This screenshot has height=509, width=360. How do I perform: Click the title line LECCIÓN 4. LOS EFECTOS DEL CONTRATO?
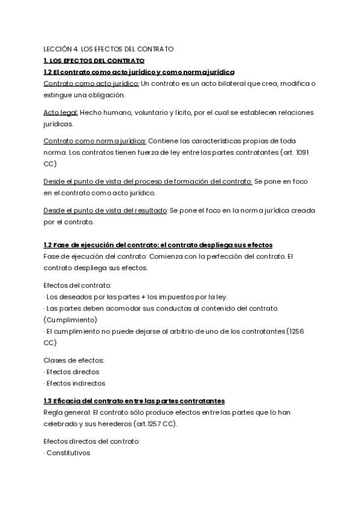[x=109, y=49]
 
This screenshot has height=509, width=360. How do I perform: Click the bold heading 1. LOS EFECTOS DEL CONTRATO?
[x=94, y=61]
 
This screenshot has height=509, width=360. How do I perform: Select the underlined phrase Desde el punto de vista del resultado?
[x=106, y=210]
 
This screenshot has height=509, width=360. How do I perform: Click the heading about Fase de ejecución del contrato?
[x=158, y=245]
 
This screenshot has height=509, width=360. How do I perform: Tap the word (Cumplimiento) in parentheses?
[x=70, y=319]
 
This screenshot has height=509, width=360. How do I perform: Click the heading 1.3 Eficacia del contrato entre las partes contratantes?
[x=134, y=400]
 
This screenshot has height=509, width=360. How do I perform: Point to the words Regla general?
[x=67, y=412]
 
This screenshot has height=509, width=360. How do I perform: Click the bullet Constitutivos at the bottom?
[x=68, y=453]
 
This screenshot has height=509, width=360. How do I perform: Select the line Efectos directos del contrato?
[x=92, y=441]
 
